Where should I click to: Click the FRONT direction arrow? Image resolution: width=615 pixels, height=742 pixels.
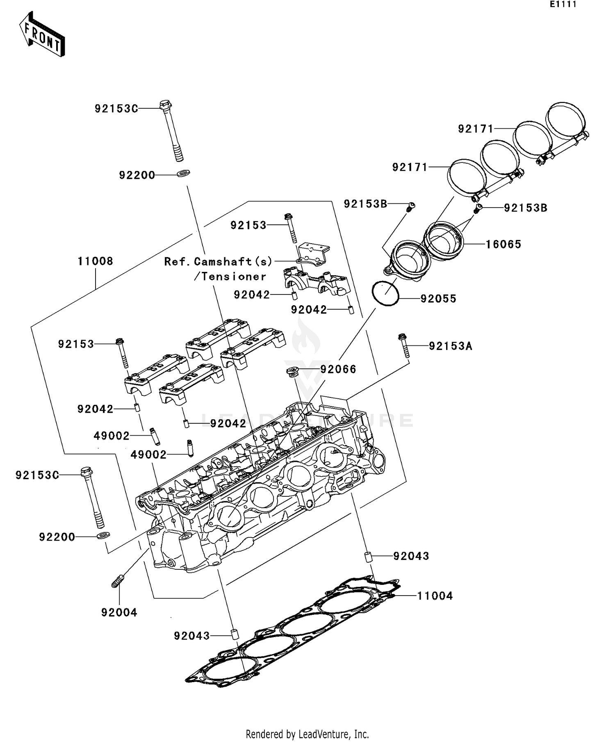coord(43,34)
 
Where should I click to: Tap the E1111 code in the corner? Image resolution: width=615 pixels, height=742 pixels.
coord(563,5)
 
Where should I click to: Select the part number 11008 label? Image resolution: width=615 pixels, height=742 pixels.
coord(95,261)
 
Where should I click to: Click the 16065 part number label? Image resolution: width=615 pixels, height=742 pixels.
coord(503,244)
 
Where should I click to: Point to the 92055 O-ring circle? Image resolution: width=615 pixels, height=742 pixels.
coord(385,293)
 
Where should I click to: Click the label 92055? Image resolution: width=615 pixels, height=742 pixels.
coord(438,299)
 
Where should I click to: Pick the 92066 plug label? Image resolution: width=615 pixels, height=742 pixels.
coord(338,369)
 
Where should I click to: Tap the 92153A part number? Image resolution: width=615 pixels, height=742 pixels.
coord(450,346)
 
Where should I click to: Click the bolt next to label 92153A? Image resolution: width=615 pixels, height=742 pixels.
coord(404,346)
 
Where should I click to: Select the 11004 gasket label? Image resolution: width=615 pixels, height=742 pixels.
coord(435,596)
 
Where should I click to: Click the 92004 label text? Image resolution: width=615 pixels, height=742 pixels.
coord(119,612)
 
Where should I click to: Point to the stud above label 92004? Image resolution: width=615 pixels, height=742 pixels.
coord(117,581)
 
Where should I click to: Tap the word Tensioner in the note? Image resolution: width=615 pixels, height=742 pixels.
coord(234,276)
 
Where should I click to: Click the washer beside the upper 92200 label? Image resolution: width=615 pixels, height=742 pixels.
coord(183,174)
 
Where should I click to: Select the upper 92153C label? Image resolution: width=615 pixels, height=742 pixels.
coord(116,109)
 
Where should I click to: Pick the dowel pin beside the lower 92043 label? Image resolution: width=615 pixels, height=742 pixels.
coord(235,634)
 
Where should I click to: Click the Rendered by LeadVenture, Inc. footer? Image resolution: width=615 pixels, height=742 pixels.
coord(307,734)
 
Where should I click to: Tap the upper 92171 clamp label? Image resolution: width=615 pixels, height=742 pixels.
coord(475,129)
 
